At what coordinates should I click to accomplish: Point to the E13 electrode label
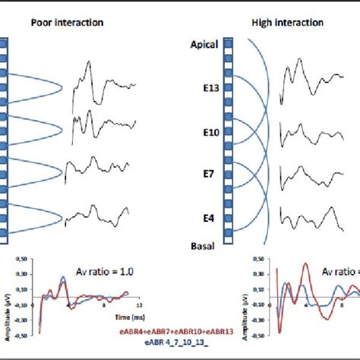click(x=212, y=88)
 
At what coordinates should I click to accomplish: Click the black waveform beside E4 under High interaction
click(x=311, y=216)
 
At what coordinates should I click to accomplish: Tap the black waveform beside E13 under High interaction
click(x=311, y=84)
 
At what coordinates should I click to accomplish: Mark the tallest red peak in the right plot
click(x=305, y=266)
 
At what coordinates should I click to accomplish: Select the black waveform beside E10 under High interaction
click(x=311, y=131)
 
